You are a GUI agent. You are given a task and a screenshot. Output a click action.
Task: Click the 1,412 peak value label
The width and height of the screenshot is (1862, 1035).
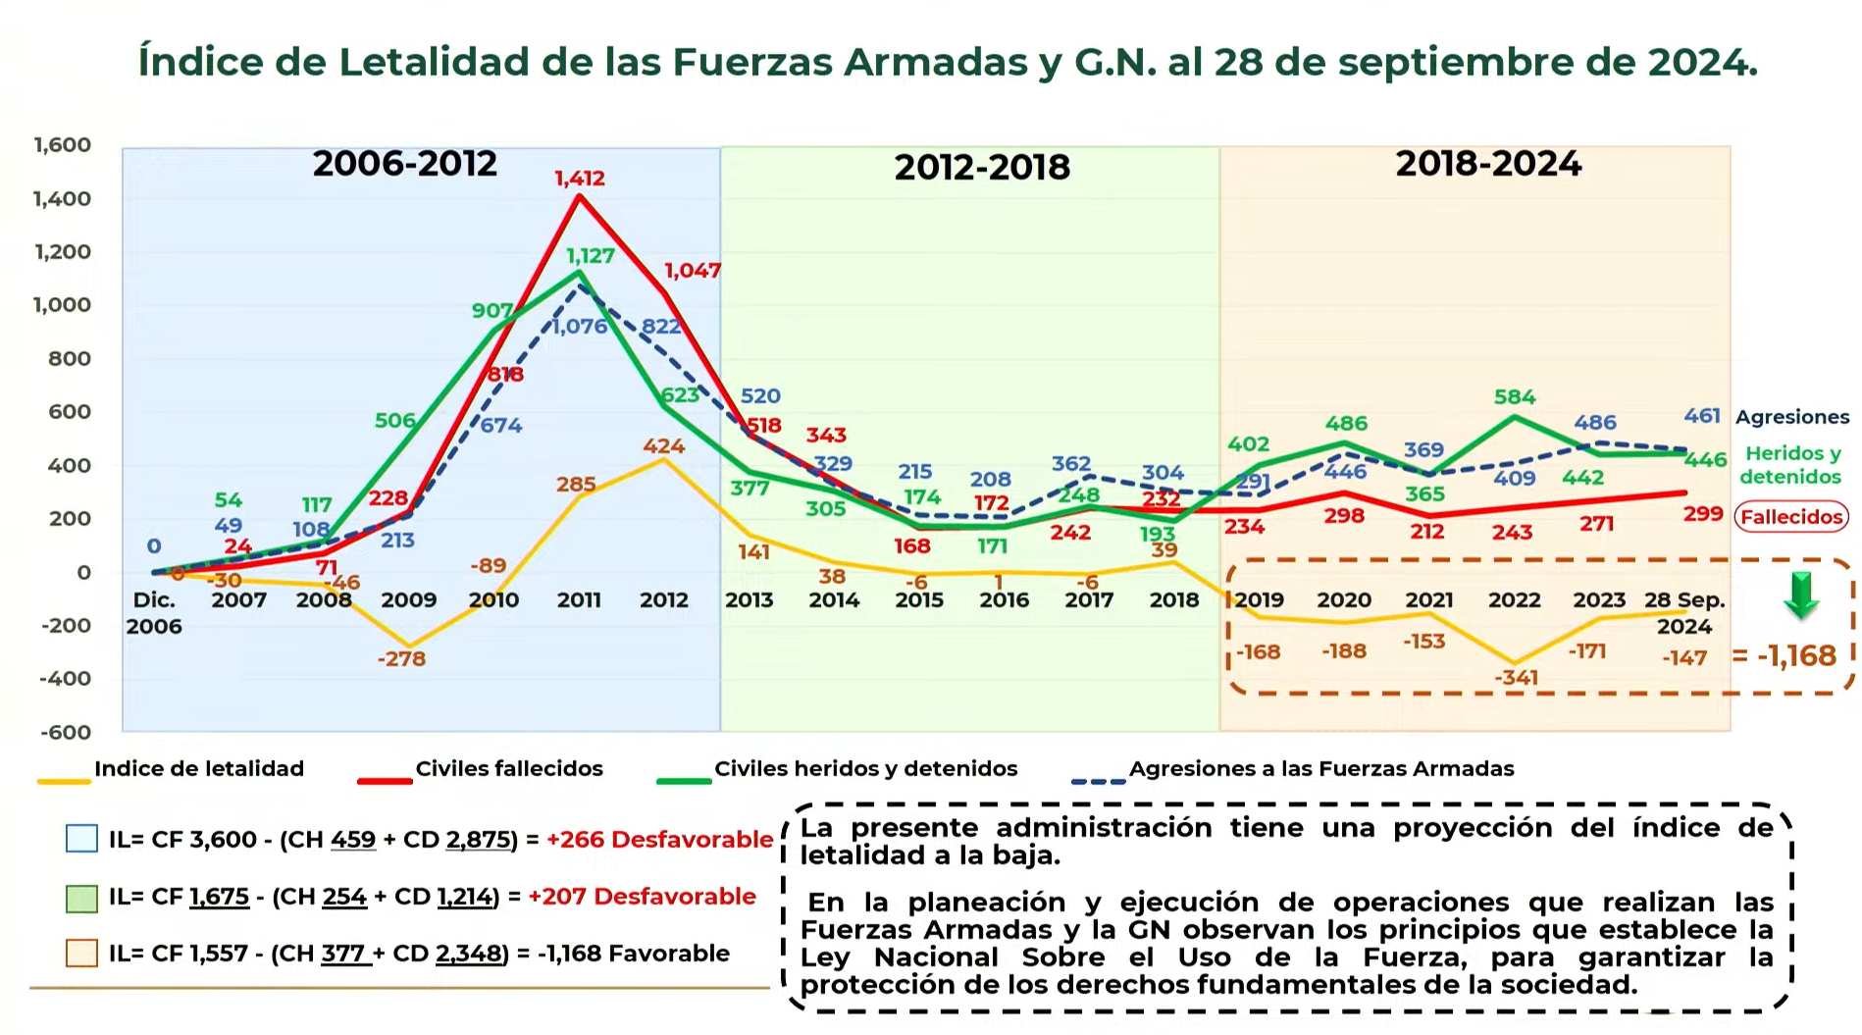(x=580, y=179)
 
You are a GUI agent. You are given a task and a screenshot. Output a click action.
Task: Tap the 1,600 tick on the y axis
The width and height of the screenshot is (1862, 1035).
(x=63, y=145)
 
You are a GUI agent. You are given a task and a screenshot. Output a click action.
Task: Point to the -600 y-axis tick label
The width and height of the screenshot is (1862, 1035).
(x=66, y=732)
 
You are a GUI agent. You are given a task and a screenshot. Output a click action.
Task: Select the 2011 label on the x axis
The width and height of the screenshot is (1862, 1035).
(x=579, y=599)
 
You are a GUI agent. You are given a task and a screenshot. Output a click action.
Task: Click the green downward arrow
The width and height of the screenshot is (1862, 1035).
(x=1801, y=595)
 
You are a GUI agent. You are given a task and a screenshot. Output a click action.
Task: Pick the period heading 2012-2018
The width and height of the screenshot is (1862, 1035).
(x=982, y=167)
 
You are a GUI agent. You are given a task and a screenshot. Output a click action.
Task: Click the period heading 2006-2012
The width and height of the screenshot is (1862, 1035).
(x=405, y=163)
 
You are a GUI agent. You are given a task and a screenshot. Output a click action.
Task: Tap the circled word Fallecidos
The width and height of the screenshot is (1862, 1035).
(x=1791, y=516)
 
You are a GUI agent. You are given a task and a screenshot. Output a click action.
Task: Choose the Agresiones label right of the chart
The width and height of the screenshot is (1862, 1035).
(x=1792, y=417)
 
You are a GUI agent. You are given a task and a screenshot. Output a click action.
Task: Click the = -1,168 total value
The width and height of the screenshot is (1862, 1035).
(x=1784, y=655)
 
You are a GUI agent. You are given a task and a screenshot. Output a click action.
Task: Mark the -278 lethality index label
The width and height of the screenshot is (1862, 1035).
(x=401, y=658)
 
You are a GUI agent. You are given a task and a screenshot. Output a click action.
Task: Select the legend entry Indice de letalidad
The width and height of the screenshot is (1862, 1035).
(x=199, y=769)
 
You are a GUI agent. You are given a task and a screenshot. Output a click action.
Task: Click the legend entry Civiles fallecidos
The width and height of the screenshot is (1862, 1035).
(x=509, y=769)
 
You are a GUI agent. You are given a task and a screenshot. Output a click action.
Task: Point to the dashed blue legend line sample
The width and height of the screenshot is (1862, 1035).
(x=1099, y=781)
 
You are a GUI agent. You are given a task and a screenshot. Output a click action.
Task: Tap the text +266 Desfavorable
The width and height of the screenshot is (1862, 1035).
(x=659, y=840)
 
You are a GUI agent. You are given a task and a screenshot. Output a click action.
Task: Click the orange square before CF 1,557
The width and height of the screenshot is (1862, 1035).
(x=81, y=954)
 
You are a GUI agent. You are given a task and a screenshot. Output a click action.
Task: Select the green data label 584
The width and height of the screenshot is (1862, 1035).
(x=1514, y=397)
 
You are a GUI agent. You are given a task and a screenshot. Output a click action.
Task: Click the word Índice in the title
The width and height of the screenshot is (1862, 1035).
(x=201, y=62)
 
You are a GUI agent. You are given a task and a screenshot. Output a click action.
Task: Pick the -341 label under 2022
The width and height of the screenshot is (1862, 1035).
(x=1516, y=677)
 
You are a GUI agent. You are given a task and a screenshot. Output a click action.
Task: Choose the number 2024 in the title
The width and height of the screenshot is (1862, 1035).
(x=1701, y=62)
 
